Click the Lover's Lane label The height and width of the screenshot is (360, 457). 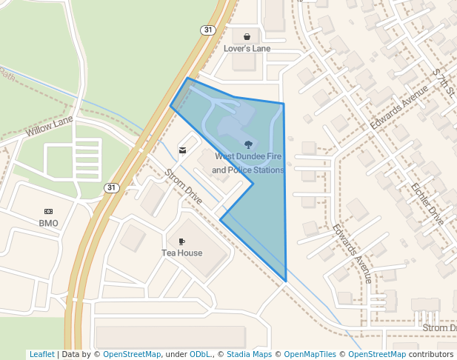(x=247, y=49)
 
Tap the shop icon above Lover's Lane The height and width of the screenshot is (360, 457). (x=247, y=36)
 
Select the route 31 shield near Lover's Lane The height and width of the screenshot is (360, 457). (x=207, y=30)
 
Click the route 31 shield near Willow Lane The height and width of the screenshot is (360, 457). (x=110, y=187)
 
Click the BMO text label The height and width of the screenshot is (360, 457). (x=48, y=223)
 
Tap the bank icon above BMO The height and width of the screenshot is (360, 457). (x=48, y=211)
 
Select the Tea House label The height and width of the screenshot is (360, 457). (x=181, y=253)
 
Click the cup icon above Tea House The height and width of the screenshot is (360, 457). (x=181, y=241)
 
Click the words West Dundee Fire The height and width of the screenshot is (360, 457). (x=249, y=157)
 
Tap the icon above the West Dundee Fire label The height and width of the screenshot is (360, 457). (x=248, y=144)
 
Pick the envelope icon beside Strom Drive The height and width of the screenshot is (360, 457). (x=182, y=151)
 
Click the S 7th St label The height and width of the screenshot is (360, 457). (x=442, y=81)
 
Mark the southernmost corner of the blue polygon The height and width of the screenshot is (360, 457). (x=286, y=281)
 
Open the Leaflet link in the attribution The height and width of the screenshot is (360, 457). (x=41, y=355)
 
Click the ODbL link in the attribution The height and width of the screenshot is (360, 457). (x=200, y=355)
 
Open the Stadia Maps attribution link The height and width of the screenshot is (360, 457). (x=249, y=355)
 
